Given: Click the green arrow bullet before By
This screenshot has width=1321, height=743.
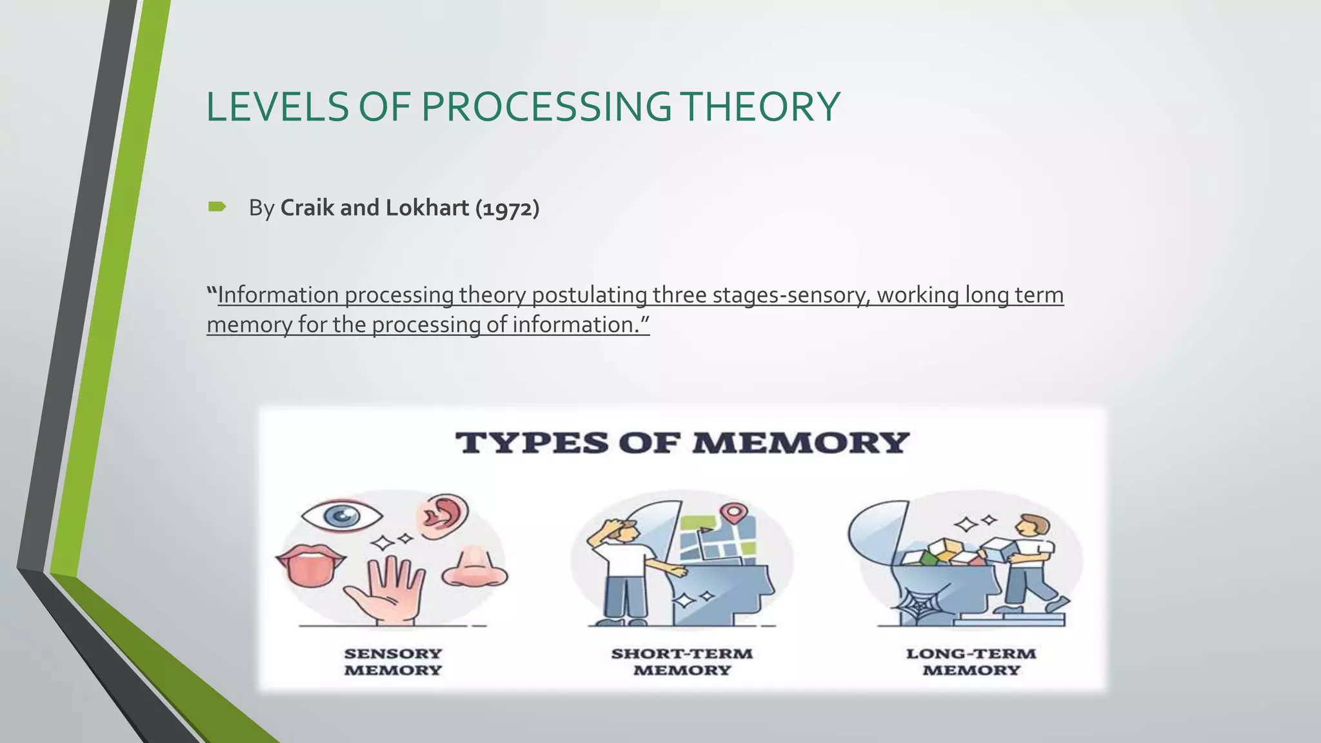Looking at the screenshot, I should point(217,207).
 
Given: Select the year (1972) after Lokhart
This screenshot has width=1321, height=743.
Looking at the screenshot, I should point(507,208).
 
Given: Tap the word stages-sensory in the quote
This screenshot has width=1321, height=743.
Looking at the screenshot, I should point(761,295).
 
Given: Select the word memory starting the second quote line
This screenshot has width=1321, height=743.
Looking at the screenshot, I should point(249,324).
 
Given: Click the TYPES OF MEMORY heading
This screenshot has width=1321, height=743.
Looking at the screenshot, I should point(682,443).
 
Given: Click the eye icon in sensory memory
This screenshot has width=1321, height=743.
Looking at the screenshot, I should point(342,515).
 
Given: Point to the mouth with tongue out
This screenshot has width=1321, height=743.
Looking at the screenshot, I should point(309,564).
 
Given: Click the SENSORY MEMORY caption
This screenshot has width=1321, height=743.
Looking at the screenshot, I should point(393,662).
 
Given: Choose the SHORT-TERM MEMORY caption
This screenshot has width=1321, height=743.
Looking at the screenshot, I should point(682,662).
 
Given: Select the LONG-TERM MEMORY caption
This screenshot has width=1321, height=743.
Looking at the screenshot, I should point(971,662).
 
